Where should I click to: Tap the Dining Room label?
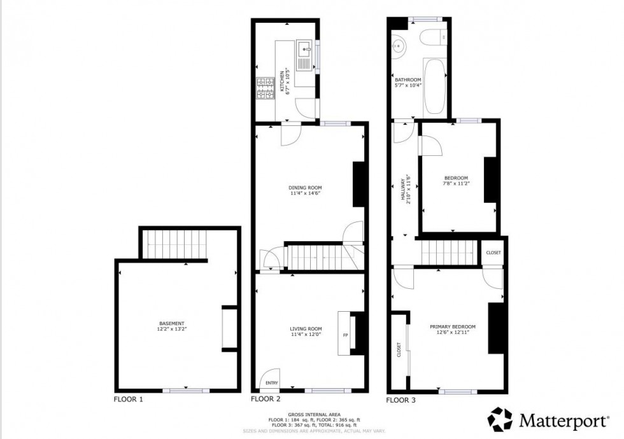pyautogui.click(x=306, y=188)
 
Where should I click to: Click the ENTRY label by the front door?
pyautogui.click(x=272, y=382)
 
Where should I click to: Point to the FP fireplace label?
pyautogui.click(x=346, y=335)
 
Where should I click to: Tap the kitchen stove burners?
pyautogui.click(x=264, y=88)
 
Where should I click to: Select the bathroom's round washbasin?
pyautogui.click(x=399, y=46)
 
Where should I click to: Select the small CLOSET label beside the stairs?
pyautogui.click(x=493, y=253)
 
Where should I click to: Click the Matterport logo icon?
pyautogui.click(x=500, y=419)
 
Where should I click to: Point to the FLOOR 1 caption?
pyautogui.click(x=129, y=400)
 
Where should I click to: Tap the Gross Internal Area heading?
pyautogui.click(x=314, y=414)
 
